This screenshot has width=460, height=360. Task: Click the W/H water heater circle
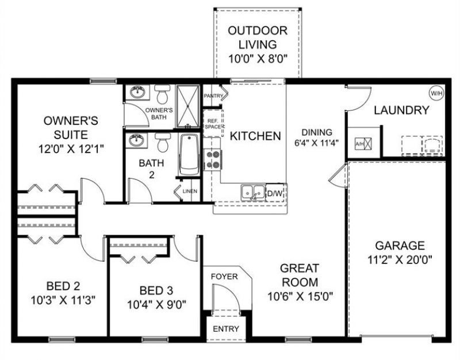pyautogui.click(x=435, y=92)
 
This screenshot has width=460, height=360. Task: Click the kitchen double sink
pyautogui.click(x=252, y=191)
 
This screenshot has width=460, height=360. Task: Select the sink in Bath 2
pyautogui.click(x=137, y=140)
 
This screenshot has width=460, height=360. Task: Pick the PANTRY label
pyautogui.click(x=213, y=96)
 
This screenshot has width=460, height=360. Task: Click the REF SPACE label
pyautogui.click(x=212, y=122)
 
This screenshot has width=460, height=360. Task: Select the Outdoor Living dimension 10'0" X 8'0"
pyautogui.click(x=258, y=58)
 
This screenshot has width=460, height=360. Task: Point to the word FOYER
pyautogui.click(x=224, y=276)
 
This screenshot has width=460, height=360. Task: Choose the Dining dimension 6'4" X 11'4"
pyautogui.click(x=313, y=143)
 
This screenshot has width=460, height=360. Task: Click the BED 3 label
pyautogui.click(x=155, y=290)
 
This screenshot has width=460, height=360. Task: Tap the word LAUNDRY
pyautogui.click(x=401, y=110)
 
